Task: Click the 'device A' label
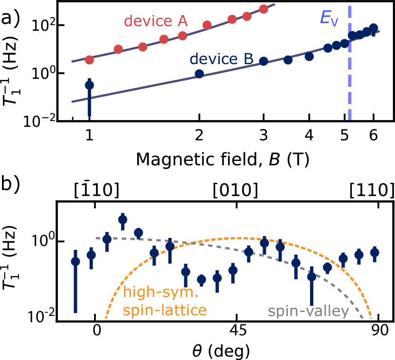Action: (x=156, y=21)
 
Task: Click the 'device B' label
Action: (x=221, y=59)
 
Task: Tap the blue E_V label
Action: (x=329, y=18)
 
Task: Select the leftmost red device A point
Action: (x=89, y=60)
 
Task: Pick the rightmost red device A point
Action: (x=263, y=9)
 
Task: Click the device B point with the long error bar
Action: (x=89, y=85)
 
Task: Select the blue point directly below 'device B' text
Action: (x=199, y=74)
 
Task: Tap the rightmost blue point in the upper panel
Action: (x=374, y=28)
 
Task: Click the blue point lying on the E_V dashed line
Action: (x=352, y=35)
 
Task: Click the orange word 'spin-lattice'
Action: (x=165, y=311)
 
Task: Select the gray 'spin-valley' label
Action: (x=308, y=312)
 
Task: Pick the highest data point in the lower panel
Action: (x=122, y=219)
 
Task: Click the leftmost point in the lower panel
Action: (x=75, y=261)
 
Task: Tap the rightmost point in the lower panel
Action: (x=375, y=253)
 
